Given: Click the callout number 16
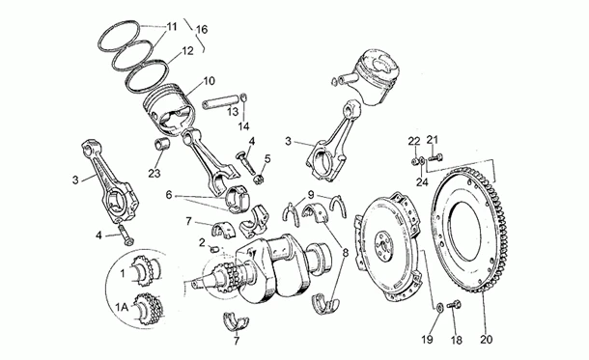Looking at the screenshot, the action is (202, 29).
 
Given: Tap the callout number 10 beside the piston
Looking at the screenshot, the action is (210, 81).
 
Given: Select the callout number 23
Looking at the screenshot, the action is (154, 174).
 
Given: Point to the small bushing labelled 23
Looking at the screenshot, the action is (162, 145).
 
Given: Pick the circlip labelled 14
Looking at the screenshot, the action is (243, 97).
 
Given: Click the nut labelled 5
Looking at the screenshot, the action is (259, 180).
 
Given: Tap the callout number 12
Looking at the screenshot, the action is (187, 51).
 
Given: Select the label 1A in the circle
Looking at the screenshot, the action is (122, 308).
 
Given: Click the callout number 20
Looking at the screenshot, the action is (486, 340).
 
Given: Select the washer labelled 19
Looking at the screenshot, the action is (438, 307).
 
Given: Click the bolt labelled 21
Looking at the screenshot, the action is (435, 157).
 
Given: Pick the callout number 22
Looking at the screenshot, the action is (414, 141).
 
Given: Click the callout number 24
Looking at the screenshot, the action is (422, 182).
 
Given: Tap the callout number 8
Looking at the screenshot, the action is (346, 253).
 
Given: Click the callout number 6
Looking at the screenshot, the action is (168, 195).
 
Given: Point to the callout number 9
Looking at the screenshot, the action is (310, 194).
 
